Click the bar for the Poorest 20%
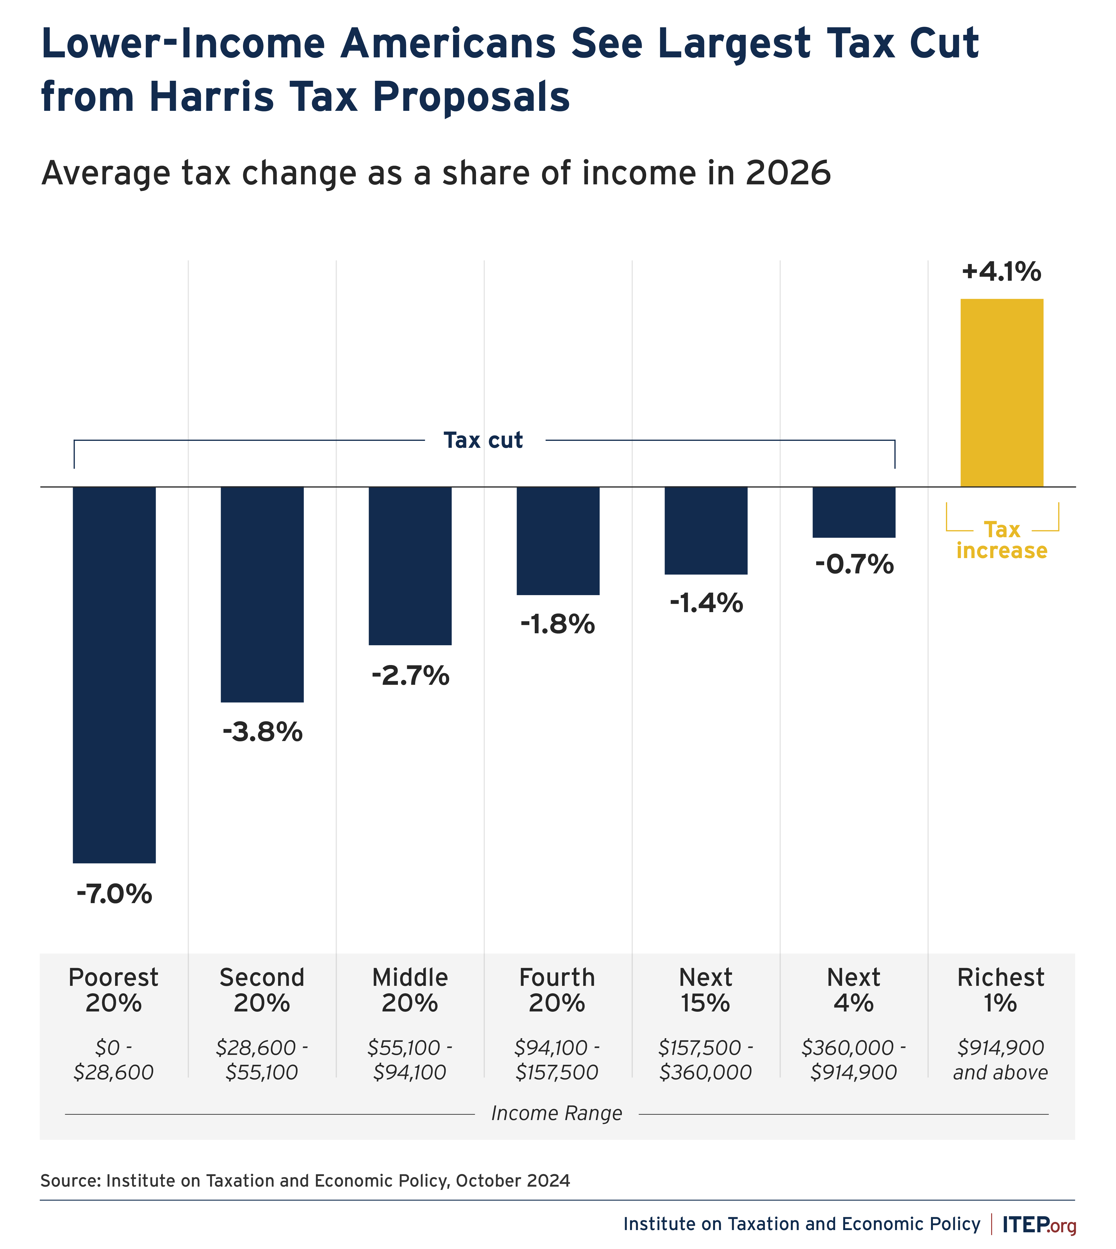click(114, 674)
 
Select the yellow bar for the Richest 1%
click(1001, 392)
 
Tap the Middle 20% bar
click(410, 565)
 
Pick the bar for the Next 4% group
click(854, 512)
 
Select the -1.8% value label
click(557, 624)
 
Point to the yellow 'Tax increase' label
click(1001, 540)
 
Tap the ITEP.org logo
click(1039, 1224)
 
